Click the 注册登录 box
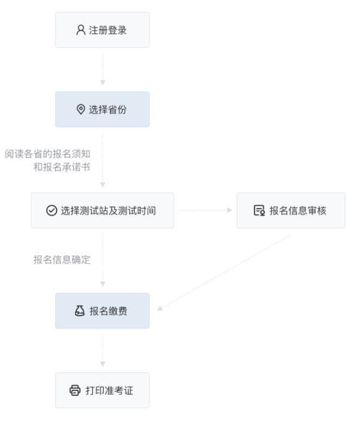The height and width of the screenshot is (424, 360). tap(102, 30)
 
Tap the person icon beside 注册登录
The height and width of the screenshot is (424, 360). tap(80, 30)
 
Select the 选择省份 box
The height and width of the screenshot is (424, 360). tap(102, 110)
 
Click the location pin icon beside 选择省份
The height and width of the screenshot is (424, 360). tap(81, 110)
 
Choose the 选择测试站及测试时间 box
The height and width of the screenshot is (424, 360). tap(102, 211)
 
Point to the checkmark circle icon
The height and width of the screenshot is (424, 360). tap(52, 211)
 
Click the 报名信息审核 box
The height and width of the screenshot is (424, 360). tap(290, 211)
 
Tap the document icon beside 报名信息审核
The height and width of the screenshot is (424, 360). tap(259, 211)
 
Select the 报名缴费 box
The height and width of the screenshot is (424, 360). tap(102, 311)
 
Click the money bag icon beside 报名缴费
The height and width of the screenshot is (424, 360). tap(79, 311)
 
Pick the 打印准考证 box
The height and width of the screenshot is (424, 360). tap(102, 390)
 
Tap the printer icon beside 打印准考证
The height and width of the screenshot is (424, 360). tap(75, 390)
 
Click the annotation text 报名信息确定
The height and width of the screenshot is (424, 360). tap(62, 260)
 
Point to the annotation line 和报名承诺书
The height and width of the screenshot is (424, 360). tap(62, 167)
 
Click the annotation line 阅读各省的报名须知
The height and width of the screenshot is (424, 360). tap(48, 154)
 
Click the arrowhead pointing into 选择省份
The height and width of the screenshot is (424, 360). tap(103, 83)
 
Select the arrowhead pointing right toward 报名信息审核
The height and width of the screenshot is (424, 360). tap(230, 210)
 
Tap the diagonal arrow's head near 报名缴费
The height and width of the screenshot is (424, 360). tap(160, 308)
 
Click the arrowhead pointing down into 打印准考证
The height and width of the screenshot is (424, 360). tap(103, 364)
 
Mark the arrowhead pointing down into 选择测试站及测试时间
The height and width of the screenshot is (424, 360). tap(103, 185)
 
